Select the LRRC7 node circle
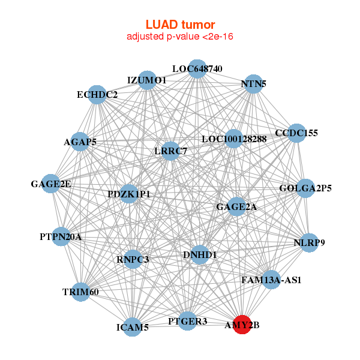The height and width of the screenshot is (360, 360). (172, 151)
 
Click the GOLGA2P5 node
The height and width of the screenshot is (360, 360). (305, 188)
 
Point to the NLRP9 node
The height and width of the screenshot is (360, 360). (309, 243)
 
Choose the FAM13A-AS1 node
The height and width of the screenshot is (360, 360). (271, 280)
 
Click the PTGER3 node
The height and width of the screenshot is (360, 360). (188, 321)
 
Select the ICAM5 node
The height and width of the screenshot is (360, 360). (133, 327)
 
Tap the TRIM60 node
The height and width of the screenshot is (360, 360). (80, 292)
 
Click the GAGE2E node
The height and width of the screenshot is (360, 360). (52, 184)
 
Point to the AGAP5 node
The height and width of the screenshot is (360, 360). (80, 142)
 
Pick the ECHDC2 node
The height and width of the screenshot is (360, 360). (97, 94)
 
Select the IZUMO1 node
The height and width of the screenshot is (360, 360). (147, 80)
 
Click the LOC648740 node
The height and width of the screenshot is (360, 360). (197, 68)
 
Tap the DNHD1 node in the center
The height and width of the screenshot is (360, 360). (200, 255)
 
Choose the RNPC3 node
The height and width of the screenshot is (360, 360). (133, 259)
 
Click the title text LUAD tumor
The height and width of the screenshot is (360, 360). (180, 25)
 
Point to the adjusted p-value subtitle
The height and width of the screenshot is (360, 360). (180, 37)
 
